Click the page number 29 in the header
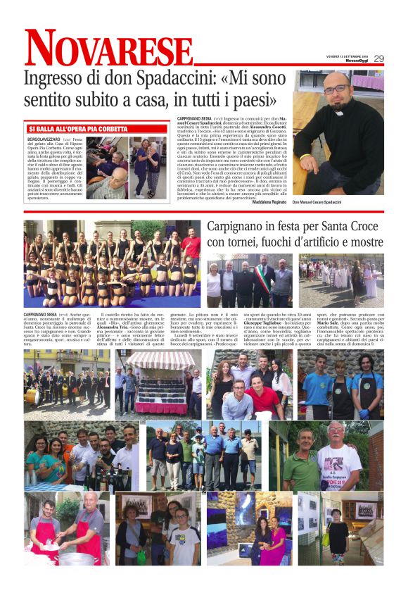378,58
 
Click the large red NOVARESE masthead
98,50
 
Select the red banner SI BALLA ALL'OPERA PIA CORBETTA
77,130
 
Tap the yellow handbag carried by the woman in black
326,539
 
